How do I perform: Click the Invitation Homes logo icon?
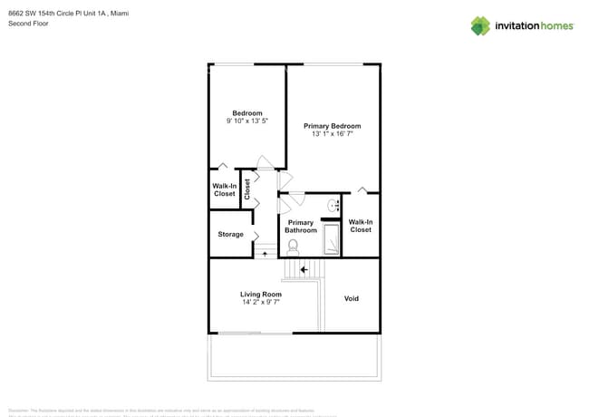coord(480,25)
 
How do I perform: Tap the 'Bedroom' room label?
coord(247,113)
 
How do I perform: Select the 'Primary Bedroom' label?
coord(332,126)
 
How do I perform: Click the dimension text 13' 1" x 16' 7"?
coord(332,134)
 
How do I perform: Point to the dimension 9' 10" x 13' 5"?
coord(247,121)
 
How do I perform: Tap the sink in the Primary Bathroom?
coord(332,206)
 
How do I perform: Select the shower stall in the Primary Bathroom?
coord(332,239)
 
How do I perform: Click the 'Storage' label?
coord(230,235)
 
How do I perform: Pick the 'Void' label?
coord(352,298)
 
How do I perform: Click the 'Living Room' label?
coord(261,295)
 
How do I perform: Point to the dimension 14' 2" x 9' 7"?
coord(261,303)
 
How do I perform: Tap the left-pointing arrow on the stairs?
coord(304,269)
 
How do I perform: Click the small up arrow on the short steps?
coord(265,254)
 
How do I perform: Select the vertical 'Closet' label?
coord(246,189)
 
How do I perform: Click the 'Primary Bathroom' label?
coord(301,227)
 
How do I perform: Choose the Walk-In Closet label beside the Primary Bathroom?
coord(361,226)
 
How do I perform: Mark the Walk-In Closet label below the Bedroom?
coord(225,189)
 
